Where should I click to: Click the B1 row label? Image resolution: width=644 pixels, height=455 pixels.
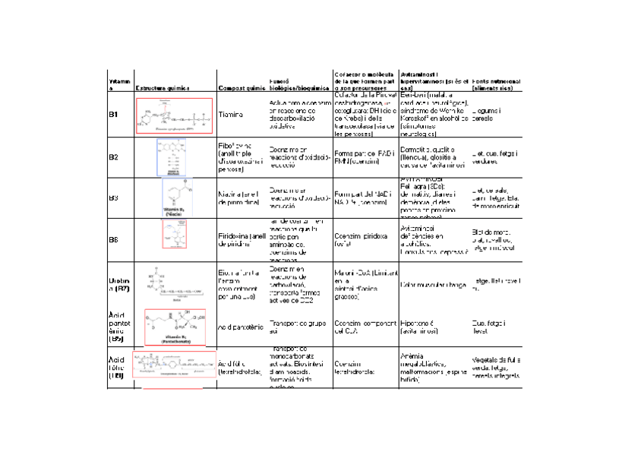(112, 114)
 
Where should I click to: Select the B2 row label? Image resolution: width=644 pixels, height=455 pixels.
(112, 156)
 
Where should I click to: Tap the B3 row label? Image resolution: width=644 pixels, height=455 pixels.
(112, 197)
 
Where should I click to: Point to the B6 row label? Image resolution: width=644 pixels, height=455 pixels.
(112, 239)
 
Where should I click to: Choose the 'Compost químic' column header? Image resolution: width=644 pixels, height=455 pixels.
(240, 88)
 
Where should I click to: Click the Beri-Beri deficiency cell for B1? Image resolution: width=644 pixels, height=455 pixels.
(433, 115)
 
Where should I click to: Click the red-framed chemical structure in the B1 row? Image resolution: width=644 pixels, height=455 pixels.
(174, 115)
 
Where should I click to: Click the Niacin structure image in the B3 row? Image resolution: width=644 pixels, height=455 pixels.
(177, 197)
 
